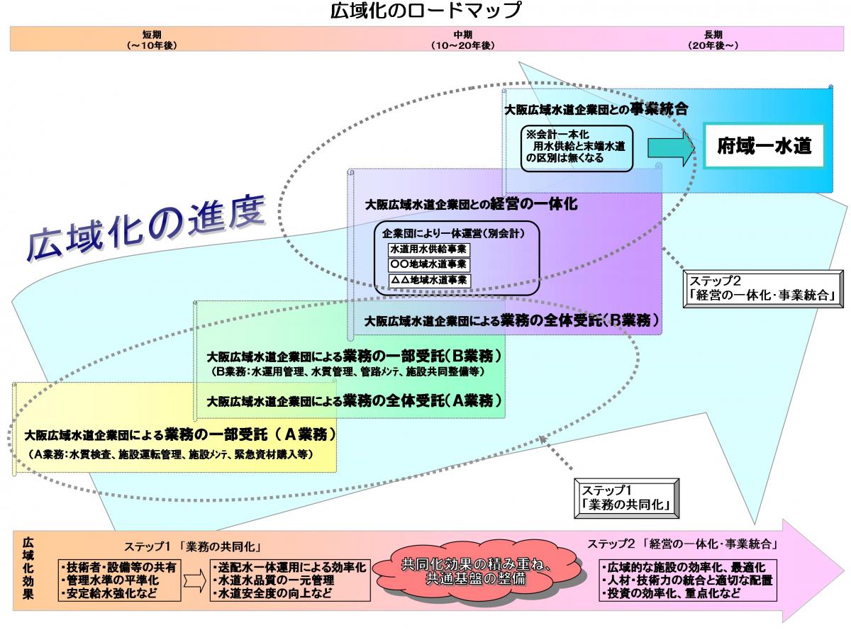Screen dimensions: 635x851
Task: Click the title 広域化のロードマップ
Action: coord(425,11)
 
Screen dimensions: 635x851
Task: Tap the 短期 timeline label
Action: coord(152,40)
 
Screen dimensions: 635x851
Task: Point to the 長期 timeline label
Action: coord(713,40)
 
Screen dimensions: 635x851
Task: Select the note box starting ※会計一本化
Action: coord(576,147)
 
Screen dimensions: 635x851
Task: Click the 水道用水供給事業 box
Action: coord(429,249)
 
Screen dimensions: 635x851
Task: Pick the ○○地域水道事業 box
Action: coord(429,264)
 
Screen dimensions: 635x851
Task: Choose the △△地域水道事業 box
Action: coord(429,280)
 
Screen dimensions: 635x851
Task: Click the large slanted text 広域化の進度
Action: coord(145,223)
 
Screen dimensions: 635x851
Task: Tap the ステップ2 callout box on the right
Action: coord(761,288)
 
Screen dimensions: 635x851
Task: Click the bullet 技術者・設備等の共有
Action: coord(120,567)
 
